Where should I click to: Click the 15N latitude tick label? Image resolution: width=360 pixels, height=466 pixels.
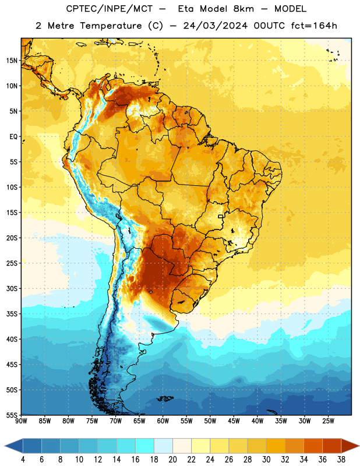(x=12, y=61)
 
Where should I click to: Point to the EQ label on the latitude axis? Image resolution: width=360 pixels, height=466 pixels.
(x=13, y=137)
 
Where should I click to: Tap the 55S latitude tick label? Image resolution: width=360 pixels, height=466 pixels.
(x=12, y=415)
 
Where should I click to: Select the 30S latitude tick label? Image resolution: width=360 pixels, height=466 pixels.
(x=12, y=288)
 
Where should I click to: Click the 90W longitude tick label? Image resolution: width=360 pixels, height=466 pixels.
(x=21, y=421)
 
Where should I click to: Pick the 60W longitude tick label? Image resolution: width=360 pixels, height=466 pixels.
(x=163, y=421)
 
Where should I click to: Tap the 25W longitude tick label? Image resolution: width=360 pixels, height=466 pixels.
(x=328, y=421)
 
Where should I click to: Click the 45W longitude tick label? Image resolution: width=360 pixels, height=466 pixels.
(x=234, y=421)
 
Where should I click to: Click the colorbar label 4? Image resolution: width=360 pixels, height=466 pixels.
(x=23, y=460)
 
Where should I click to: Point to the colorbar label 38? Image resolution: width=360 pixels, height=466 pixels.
(x=341, y=460)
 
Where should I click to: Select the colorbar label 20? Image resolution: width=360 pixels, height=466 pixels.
(x=172, y=460)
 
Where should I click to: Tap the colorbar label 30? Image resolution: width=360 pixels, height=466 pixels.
(x=266, y=460)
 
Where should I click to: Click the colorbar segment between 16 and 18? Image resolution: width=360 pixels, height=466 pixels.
(x=144, y=446)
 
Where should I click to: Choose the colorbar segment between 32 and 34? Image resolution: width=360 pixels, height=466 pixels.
(x=294, y=446)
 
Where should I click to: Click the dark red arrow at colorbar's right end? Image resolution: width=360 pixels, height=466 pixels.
(x=350, y=446)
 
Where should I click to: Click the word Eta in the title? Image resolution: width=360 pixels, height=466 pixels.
(x=186, y=9)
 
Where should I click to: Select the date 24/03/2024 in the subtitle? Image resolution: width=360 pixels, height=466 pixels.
(x=215, y=26)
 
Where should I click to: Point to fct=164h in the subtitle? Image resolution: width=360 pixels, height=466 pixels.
(x=314, y=26)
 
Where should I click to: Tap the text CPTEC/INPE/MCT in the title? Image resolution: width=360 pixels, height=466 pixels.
(x=109, y=9)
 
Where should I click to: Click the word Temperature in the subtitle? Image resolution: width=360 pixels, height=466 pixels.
(x=111, y=26)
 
